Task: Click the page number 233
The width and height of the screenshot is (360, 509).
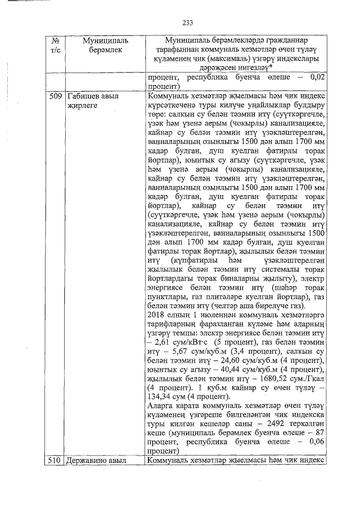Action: (187, 22)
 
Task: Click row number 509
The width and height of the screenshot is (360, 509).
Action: (55, 96)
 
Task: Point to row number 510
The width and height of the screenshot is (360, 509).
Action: (55, 461)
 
